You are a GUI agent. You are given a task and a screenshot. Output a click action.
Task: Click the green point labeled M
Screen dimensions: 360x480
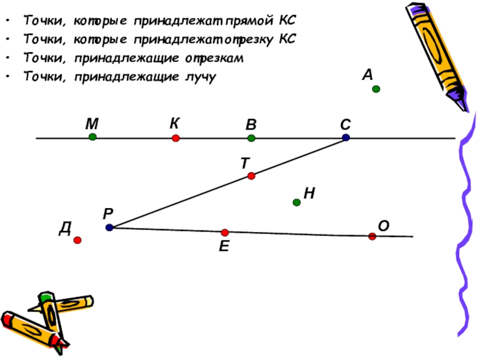(x=92, y=137)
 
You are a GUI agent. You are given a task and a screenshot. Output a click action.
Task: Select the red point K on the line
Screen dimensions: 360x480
(x=176, y=138)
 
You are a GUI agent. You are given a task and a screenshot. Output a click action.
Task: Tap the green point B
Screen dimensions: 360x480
(x=251, y=138)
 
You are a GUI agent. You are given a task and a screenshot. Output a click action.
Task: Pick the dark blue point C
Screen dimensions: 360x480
(x=346, y=137)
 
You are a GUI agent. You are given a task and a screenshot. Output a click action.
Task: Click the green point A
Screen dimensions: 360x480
(x=376, y=89)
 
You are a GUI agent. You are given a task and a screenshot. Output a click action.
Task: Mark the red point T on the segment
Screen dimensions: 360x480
(x=251, y=176)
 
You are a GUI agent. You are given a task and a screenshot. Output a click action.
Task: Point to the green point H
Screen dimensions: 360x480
(x=296, y=203)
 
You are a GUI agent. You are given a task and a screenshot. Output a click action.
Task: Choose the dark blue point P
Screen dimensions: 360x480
(x=109, y=227)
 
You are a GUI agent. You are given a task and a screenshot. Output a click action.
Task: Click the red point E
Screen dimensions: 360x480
(x=225, y=232)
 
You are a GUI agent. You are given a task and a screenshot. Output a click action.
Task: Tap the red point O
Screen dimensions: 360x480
(x=372, y=236)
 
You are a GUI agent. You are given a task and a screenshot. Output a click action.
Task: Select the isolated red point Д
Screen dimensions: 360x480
(x=77, y=240)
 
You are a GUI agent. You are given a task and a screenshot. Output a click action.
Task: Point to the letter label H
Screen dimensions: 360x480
(x=310, y=193)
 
